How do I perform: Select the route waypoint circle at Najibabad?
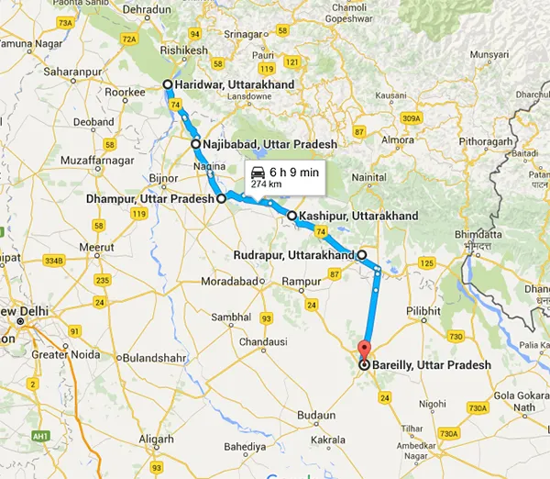[196, 144]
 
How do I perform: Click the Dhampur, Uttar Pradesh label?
[150, 198]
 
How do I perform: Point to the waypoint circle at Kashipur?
[292, 217]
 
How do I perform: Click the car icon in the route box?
[258, 171]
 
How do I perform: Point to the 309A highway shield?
[412, 118]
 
